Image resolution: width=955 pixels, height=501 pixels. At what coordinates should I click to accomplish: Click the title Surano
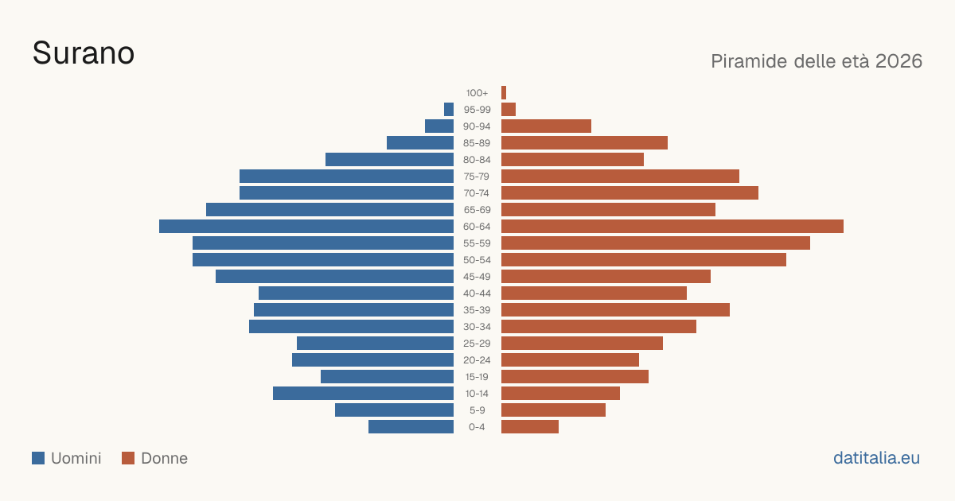84,53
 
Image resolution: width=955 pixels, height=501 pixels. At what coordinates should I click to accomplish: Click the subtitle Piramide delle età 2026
817,61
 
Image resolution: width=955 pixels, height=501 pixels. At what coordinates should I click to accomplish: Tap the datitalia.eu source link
876,458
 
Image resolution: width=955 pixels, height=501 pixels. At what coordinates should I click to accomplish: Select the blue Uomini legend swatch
38,458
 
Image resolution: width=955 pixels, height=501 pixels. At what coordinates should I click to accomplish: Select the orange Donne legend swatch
128,458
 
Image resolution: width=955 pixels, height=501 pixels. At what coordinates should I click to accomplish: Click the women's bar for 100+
504,92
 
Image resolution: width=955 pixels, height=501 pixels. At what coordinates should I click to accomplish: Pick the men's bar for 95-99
449,109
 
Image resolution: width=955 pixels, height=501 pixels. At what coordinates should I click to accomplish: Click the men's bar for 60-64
306,226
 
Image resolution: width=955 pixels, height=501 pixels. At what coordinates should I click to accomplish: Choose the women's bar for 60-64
672,226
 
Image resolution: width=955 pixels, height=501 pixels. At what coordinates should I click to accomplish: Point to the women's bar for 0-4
530,426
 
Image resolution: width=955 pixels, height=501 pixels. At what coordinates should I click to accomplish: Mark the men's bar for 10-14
363,393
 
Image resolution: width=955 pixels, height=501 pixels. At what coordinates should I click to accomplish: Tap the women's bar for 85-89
584,142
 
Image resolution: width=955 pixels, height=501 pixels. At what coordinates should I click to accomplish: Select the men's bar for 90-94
439,126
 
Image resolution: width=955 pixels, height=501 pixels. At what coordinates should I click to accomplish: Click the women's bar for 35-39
615,309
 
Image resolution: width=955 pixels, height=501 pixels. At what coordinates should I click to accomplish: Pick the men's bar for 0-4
411,426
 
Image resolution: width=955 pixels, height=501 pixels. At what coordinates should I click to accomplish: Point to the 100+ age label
477,93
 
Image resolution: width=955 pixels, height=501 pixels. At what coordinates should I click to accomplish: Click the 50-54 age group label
477,260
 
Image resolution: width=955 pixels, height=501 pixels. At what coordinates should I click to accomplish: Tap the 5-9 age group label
477,410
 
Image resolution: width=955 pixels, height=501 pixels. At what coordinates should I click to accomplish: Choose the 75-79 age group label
477,177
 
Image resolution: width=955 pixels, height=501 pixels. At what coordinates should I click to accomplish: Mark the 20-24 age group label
477,360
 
